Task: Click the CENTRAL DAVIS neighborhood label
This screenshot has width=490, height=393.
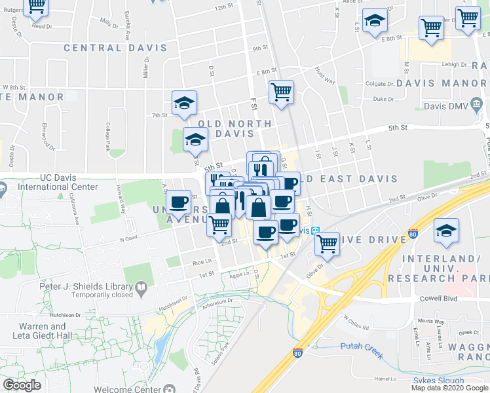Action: (x=102, y=48)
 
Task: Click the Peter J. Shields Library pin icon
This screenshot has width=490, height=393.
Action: (x=141, y=287)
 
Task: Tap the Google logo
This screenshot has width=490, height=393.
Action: (x=22, y=385)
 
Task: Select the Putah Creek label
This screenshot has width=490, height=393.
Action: (x=360, y=346)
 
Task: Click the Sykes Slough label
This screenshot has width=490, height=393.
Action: (x=438, y=381)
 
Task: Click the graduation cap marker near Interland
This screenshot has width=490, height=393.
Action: (x=446, y=231)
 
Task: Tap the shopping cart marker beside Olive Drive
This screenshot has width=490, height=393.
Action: (x=327, y=244)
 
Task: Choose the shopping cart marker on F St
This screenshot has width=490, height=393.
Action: (x=281, y=92)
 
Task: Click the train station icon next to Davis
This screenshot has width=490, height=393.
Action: (x=315, y=231)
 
